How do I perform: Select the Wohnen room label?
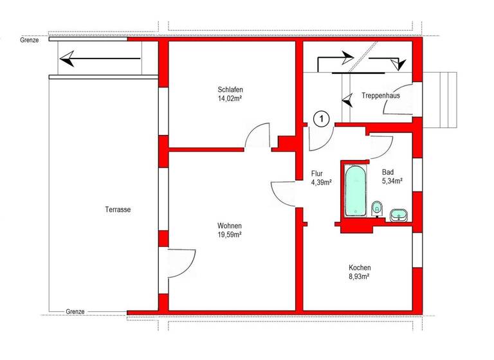[x=230, y=226]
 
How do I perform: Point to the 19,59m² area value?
[x=230, y=235]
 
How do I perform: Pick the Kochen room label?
[x=360, y=268]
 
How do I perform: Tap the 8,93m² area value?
[x=360, y=277]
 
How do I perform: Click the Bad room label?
[x=388, y=172]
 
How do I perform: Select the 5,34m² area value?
[x=392, y=181]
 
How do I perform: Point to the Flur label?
[x=316, y=174]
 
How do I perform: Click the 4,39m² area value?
[x=321, y=183]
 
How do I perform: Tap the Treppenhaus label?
[x=381, y=95]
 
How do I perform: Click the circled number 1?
[x=321, y=118]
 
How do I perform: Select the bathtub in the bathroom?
[x=355, y=191]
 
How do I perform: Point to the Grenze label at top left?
[x=30, y=40]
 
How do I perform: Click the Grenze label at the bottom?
[x=75, y=312]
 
